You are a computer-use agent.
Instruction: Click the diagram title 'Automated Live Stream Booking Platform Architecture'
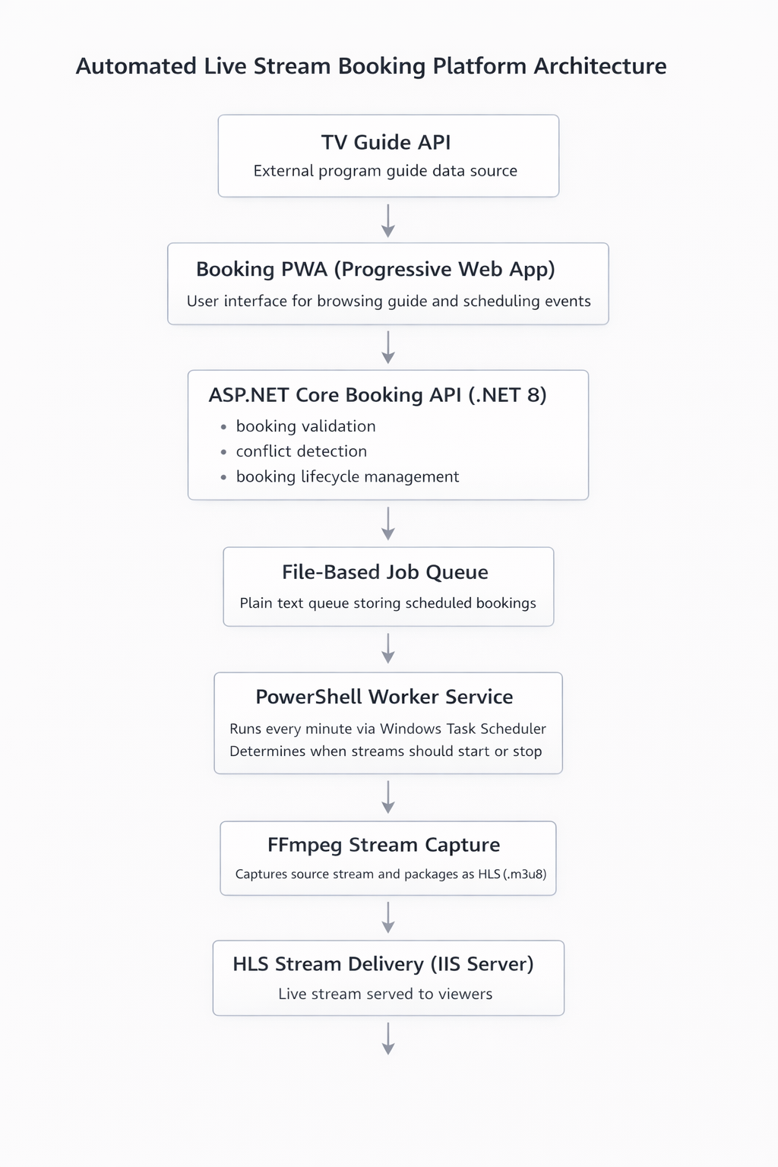(371, 67)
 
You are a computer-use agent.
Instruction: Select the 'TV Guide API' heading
(386, 142)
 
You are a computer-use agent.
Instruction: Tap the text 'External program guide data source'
(385, 171)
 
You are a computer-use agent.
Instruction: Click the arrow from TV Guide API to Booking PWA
(388, 220)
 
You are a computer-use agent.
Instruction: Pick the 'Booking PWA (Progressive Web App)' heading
(375, 270)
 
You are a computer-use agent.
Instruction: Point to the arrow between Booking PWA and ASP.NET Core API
(388, 347)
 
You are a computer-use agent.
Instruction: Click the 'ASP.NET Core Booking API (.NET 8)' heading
(378, 395)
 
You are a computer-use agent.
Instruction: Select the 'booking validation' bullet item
(305, 426)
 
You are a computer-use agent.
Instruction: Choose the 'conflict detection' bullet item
(301, 451)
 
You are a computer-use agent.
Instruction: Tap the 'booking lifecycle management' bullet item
(347, 476)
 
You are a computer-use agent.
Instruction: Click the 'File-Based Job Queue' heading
(385, 572)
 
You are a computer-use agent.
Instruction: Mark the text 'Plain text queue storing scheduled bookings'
(387, 603)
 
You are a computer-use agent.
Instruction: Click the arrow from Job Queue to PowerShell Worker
(388, 649)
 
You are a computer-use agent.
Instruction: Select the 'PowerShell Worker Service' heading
(384, 697)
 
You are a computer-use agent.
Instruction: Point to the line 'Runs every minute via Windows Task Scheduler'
(387, 729)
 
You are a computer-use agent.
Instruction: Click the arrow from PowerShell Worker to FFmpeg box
(388, 797)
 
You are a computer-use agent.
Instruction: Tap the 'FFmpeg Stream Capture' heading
(384, 845)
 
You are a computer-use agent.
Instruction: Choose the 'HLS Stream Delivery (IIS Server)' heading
(383, 964)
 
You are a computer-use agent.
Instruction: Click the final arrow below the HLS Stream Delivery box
(388, 1039)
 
